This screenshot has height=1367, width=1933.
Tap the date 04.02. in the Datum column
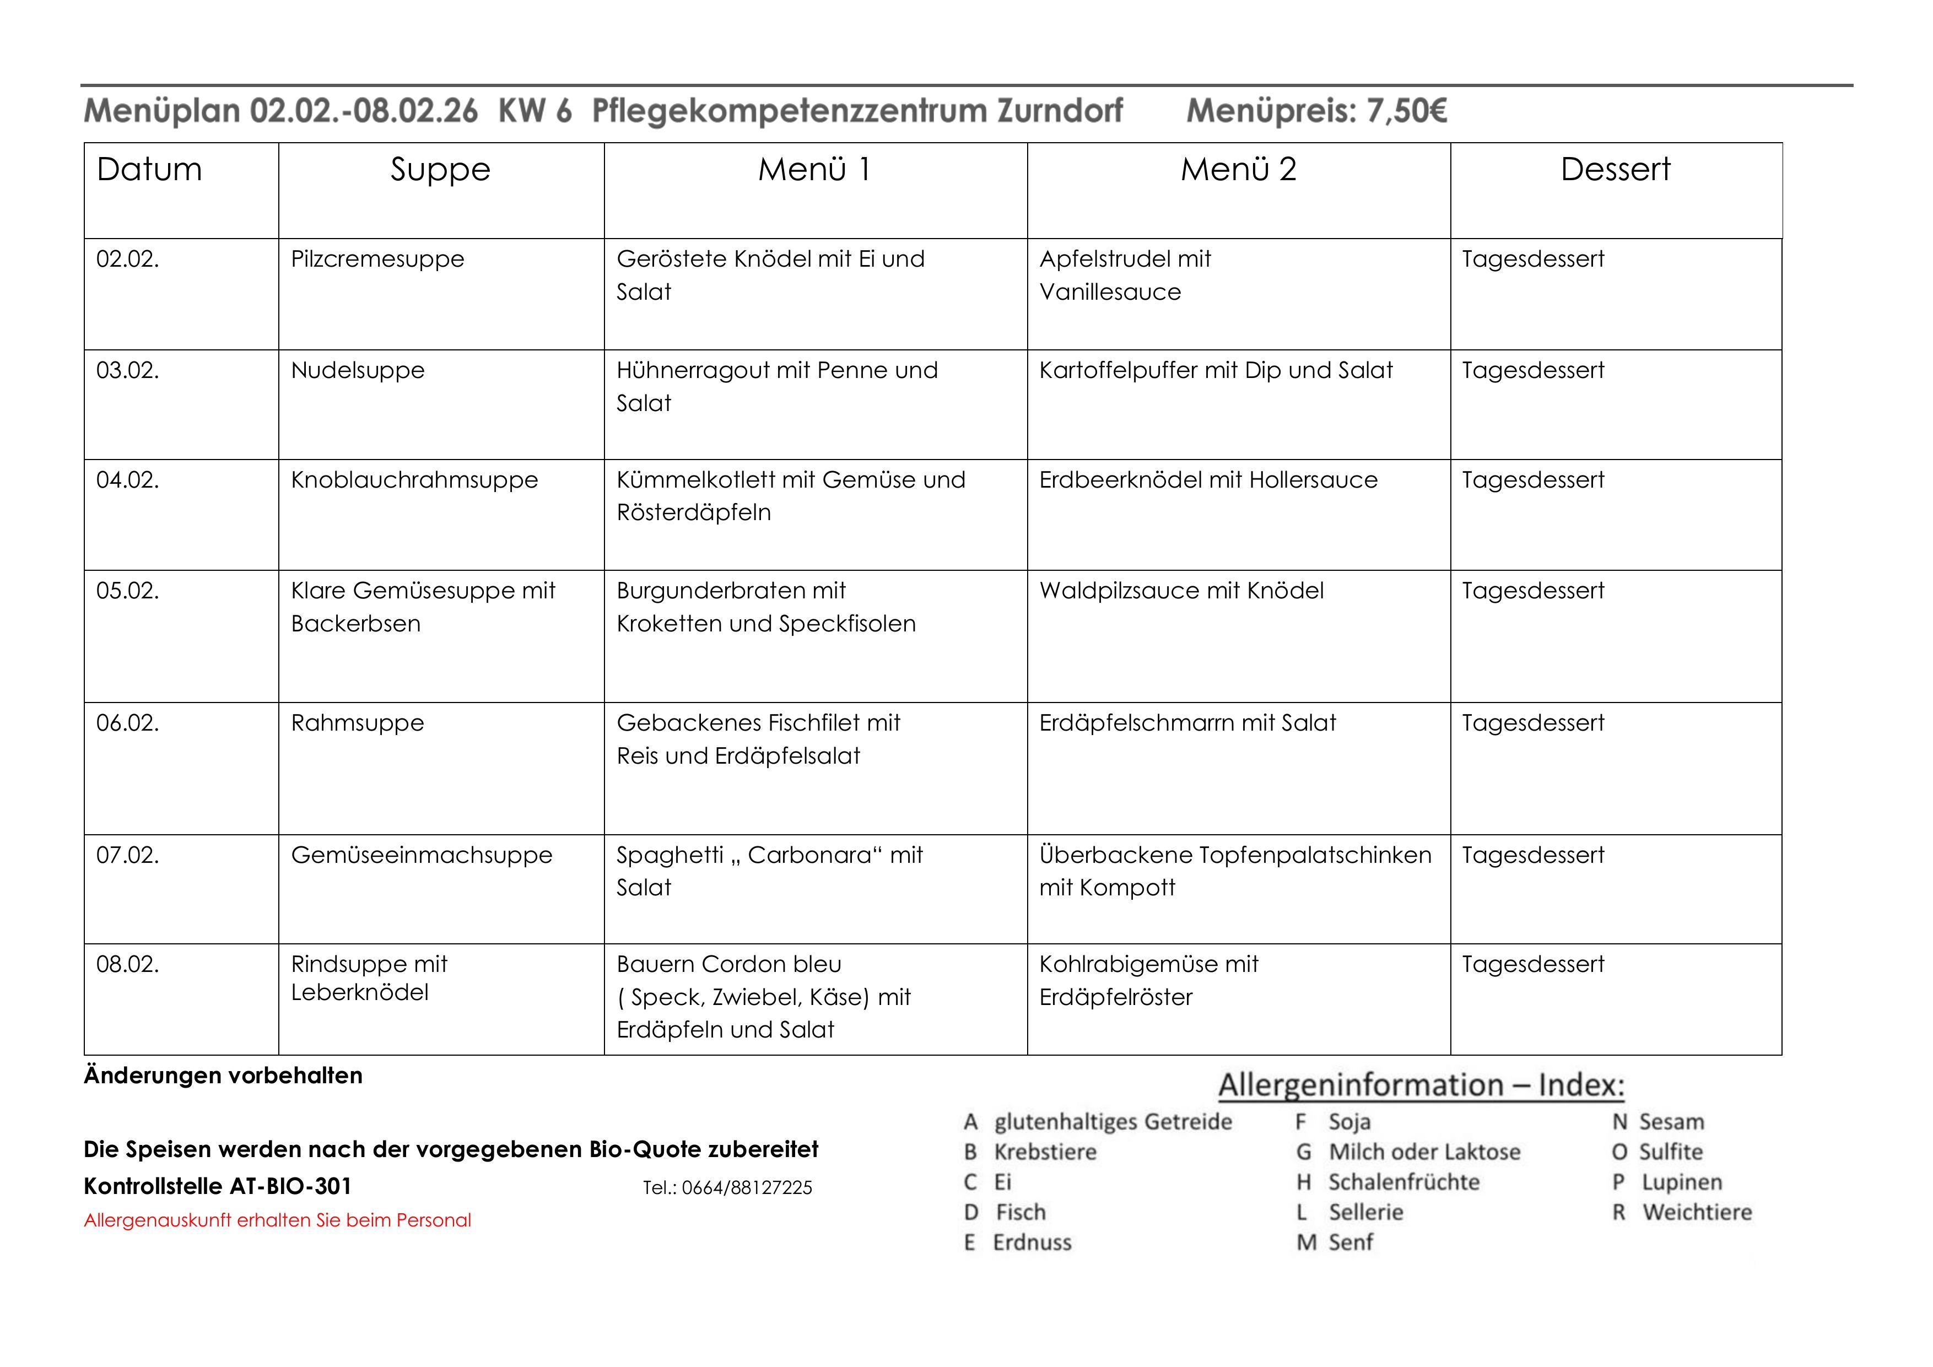(x=127, y=480)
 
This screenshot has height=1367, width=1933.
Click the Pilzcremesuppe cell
(x=377, y=260)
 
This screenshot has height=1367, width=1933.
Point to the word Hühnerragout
(x=694, y=370)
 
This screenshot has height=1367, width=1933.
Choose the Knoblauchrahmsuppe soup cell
(x=414, y=480)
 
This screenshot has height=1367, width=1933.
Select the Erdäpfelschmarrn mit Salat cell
(x=1187, y=723)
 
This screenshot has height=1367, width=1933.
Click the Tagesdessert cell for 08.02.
(x=1532, y=965)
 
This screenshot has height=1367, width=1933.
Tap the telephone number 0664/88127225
(x=747, y=1188)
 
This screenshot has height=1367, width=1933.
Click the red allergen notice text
(x=277, y=1220)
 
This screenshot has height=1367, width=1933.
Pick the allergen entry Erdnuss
(x=1032, y=1243)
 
